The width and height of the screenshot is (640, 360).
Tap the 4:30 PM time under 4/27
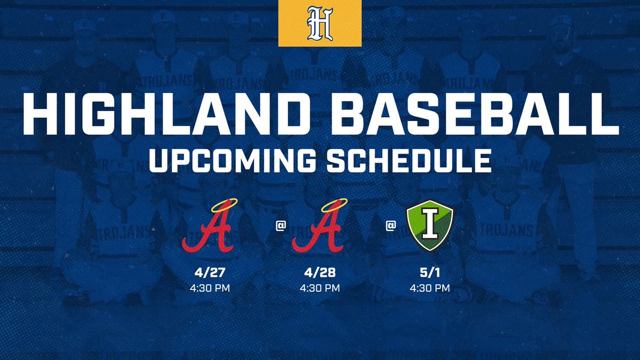[210, 289]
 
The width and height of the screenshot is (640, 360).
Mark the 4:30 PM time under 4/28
[319, 289]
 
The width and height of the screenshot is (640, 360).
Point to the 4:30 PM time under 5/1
[430, 289]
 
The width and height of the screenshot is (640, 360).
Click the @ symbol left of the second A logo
[279, 226]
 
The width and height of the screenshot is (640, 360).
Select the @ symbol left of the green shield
[391, 226]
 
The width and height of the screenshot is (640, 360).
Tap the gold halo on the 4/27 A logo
[210, 204]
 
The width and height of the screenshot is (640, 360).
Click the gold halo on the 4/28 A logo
[319, 204]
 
